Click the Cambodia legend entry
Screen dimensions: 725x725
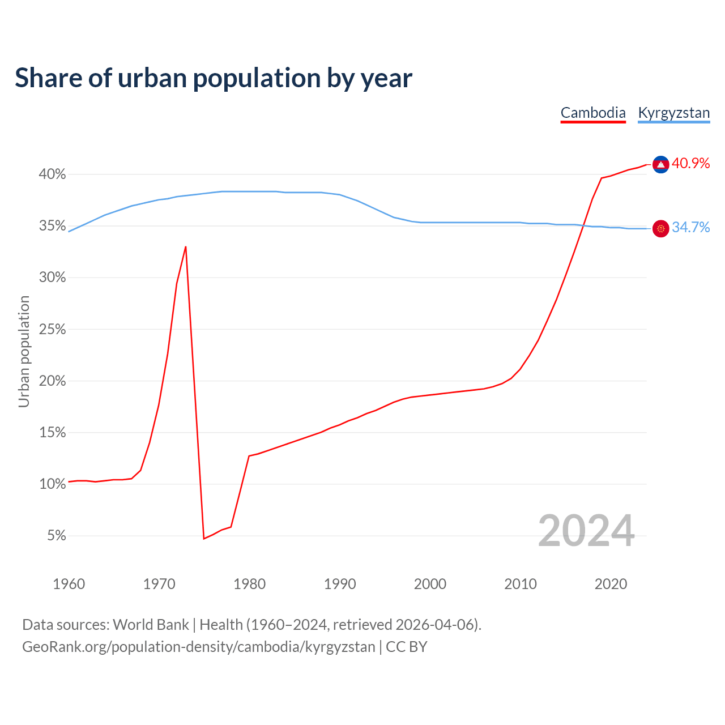pos(593,113)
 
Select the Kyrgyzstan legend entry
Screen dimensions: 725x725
pos(673,113)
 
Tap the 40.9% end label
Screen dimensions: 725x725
pos(690,164)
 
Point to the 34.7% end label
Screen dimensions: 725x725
pos(690,228)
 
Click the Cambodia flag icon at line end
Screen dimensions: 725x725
pos(660,164)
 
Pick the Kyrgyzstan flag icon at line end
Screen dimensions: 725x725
pos(660,228)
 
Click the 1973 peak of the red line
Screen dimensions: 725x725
pos(186,247)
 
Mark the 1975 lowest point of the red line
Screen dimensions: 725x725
pos(203,539)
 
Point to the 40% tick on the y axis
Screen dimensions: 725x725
pos(52,174)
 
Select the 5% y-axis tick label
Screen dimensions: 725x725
pos(56,536)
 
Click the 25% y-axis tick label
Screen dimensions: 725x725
pos(52,330)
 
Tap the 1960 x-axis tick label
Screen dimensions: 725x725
pos(69,584)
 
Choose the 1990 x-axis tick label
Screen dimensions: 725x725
pos(339,584)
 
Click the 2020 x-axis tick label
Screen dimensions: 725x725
pos(611,584)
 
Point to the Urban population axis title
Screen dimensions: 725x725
pos(24,351)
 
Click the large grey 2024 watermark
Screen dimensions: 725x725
pos(586,531)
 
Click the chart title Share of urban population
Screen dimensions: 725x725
pos(213,78)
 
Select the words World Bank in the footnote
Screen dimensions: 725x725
pos(151,625)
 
